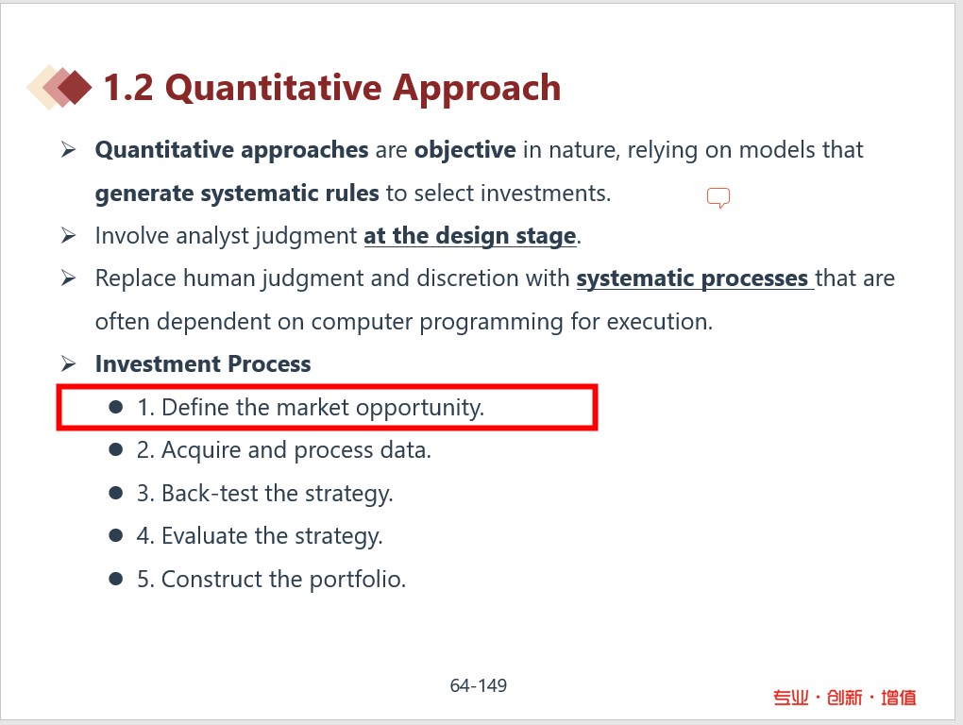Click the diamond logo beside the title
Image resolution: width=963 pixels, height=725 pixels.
click(x=59, y=87)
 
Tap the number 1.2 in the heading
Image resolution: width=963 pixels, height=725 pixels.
click(x=128, y=87)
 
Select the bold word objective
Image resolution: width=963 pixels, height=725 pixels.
click(x=465, y=150)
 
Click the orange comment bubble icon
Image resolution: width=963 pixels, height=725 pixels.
click(x=718, y=197)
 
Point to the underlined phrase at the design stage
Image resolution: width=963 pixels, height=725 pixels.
click(x=470, y=236)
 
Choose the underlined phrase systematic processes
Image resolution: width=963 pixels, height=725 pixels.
click(x=692, y=278)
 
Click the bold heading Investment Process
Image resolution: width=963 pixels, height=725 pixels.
click(x=203, y=364)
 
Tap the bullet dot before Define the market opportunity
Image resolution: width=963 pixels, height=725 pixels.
click(x=115, y=407)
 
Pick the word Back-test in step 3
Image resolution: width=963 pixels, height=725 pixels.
click(x=210, y=494)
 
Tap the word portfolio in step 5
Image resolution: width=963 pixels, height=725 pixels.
click(x=358, y=580)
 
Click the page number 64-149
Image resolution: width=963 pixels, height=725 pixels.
click(x=479, y=685)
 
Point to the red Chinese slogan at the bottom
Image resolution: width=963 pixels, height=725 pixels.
click(x=844, y=698)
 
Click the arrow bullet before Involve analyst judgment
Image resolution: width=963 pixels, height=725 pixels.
click(x=68, y=235)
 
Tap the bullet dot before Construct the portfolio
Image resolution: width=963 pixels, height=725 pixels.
click(x=115, y=579)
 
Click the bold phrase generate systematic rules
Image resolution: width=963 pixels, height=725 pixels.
click(x=237, y=194)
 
